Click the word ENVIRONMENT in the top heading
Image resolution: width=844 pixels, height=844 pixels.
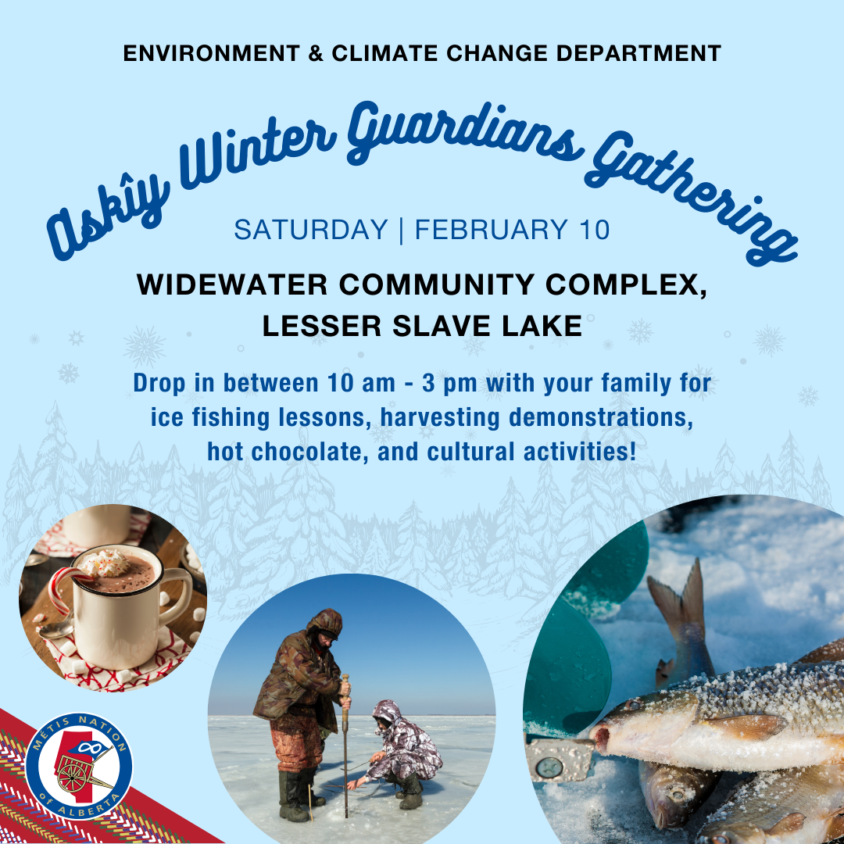pos(212,53)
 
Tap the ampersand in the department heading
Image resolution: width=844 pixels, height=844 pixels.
pos(316,53)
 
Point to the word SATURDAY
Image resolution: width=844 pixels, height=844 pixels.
pos(311,230)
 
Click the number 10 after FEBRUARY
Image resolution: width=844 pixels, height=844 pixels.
pos(595,230)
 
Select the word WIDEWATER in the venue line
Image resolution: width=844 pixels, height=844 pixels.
pos(232,284)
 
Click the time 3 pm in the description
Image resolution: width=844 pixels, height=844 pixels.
pos(449,384)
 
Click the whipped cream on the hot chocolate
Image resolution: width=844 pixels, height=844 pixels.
pos(105,563)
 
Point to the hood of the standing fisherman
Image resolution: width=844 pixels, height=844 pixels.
pos(325,624)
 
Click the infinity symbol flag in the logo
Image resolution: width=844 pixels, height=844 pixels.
pos(89,747)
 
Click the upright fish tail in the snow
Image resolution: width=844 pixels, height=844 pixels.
pos(679,603)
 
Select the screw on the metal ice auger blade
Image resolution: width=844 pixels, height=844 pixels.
pos(550,767)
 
